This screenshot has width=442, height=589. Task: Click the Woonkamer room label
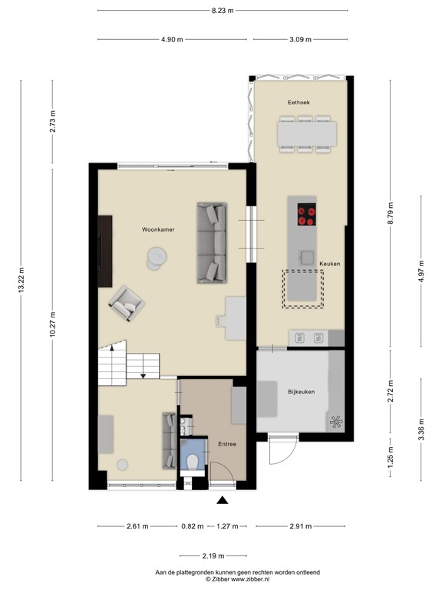click(x=155, y=229)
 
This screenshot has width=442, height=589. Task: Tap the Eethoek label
click(x=299, y=102)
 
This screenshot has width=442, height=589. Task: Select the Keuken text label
click(x=330, y=263)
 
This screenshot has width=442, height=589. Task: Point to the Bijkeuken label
click(x=302, y=392)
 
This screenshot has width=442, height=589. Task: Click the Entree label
click(x=226, y=444)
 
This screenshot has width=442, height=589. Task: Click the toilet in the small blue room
click(x=193, y=460)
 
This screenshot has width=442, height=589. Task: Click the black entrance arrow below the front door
click(x=223, y=501)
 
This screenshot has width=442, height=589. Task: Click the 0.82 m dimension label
click(x=193, y=526)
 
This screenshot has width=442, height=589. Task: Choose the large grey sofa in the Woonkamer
click(x=213, y=242)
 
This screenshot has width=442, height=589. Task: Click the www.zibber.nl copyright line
click(x=237, y=580)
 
